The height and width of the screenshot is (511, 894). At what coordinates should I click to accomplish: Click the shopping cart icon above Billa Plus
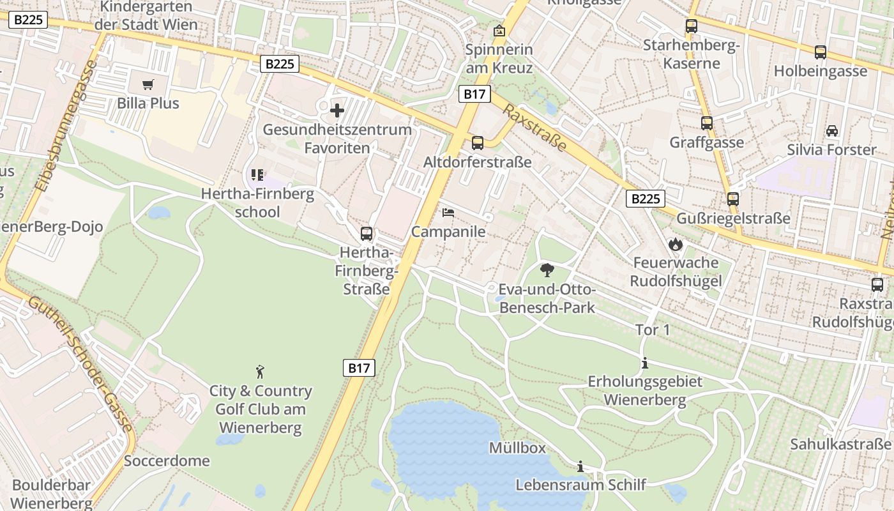(x=148, y=85)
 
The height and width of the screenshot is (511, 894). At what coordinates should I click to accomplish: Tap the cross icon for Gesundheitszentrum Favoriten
(x=337, y=111)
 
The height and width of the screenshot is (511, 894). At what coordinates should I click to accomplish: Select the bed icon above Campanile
(x=448, y=213)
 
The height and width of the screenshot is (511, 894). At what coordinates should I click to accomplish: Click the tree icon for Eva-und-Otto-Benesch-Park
(x=547, y=270)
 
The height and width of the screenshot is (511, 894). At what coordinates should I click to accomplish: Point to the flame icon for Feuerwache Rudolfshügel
(x=675, y=244)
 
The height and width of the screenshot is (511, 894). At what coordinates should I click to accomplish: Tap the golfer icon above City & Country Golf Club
(x=260, y=372)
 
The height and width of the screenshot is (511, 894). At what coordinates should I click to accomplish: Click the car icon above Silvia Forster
(x=831, y=131)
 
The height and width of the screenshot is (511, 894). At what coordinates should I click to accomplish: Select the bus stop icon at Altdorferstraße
(x=477, y=143)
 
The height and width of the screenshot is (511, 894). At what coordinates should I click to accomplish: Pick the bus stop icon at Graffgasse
(x=706, y=123)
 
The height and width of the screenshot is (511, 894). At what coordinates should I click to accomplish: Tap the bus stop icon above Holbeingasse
(x=820, y=52)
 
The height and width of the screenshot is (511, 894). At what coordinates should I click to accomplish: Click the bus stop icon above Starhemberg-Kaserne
(x=691, y=26)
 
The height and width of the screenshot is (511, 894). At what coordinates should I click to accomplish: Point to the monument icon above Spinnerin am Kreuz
(x=499, y=31)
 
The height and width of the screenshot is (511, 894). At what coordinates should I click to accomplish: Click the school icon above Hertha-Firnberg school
(x=257, y=174)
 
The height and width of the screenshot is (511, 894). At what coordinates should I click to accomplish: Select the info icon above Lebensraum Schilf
(x=580, y=467)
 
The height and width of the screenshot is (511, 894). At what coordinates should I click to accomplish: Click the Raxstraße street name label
(x=534, y=128)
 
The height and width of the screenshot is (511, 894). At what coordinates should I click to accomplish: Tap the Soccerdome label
(x=167, y=461)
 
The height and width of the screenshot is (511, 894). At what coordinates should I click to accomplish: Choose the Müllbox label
(x=517, y=448)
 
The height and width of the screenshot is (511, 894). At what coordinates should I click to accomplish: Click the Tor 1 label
(x=653, y=330)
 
